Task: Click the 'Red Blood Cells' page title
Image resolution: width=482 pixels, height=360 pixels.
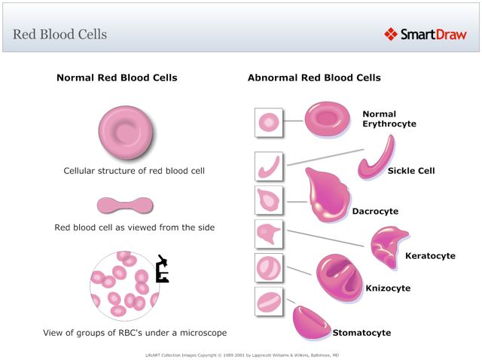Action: click(60, 35)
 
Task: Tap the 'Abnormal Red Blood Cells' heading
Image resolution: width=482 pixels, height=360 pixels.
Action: click(314, 78)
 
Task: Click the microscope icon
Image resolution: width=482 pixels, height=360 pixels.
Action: click(161, 270)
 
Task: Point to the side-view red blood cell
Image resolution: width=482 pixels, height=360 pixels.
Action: click(125, 205)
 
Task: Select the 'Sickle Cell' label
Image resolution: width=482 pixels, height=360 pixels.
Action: click(411, 171)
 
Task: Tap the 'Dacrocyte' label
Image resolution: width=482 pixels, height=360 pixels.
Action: click(375, 212)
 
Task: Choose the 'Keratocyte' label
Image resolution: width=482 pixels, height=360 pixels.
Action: click(430, 256)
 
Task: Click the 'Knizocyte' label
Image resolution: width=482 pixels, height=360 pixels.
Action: click(388, 288)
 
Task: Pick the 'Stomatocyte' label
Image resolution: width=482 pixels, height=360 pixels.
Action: click(361, 332)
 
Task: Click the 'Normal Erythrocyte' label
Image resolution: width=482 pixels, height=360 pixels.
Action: click(389, 119)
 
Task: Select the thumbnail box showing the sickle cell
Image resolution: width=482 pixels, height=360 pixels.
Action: click(269, 166)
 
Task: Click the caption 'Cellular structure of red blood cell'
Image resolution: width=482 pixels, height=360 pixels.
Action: click(134, 171)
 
